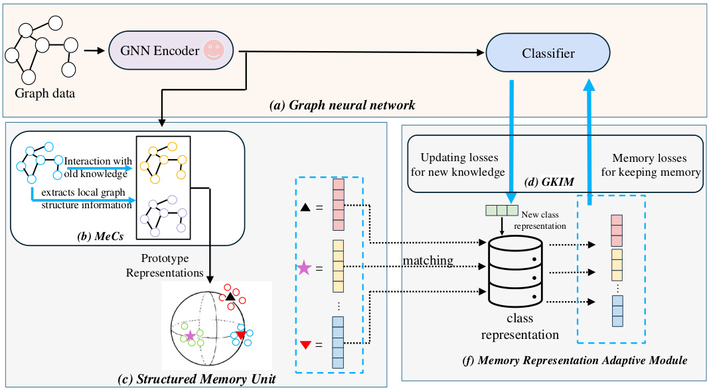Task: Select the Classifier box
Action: tap(548, 53)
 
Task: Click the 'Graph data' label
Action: tap(45, 94)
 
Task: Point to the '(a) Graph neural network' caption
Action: tap(342, 105)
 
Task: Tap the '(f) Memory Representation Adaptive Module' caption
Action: tap(574, 361)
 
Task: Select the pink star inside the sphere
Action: tap(191, 336)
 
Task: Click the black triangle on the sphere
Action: tap(230, 296)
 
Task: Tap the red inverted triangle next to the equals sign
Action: tap(305, 344)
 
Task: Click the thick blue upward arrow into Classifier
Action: tap(589, 133)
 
